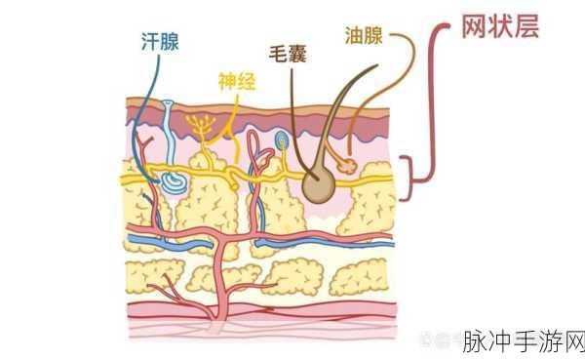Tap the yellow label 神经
tap(236, 82)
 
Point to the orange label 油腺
tap(365, 36)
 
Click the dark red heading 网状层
tap(498, 26)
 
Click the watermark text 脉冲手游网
tap(523, 342)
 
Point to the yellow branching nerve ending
tap(203, 127)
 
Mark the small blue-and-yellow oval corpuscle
tap(282, 142)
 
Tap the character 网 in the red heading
tap(473, 26)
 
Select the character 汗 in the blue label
tap(149, 41)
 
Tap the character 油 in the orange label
tap(354, 36)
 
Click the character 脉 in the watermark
tap(473, 342)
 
